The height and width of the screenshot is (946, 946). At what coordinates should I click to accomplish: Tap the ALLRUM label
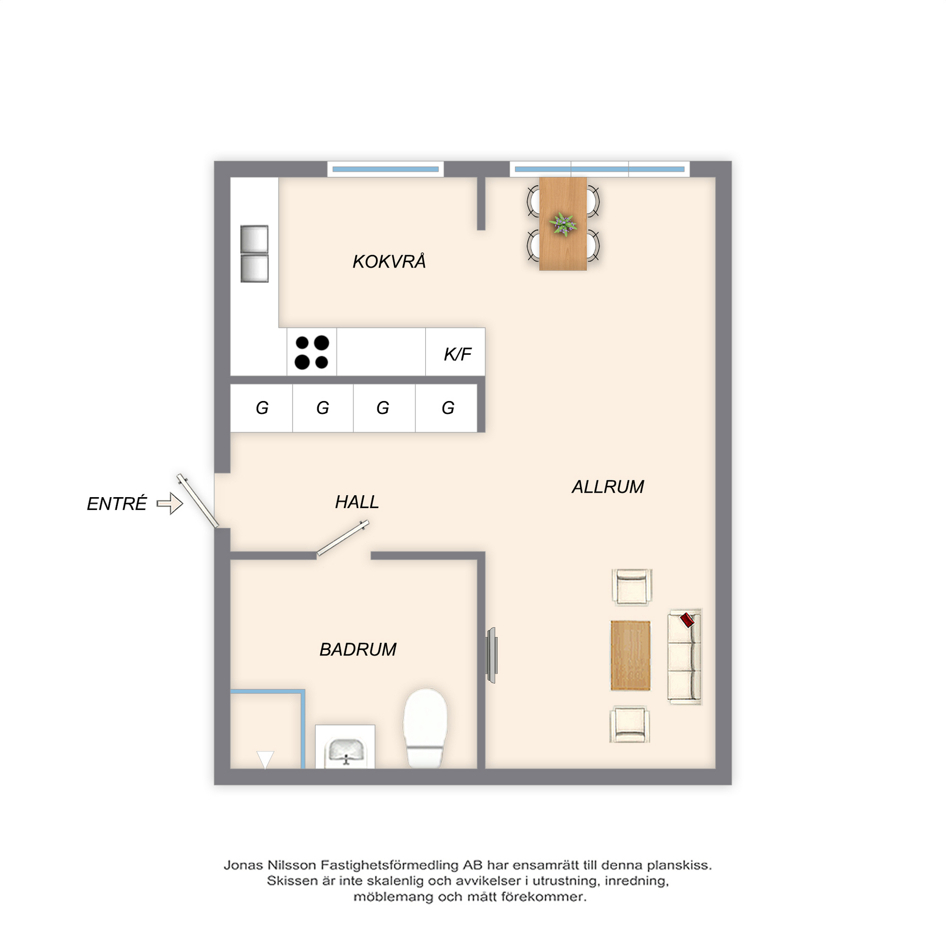(x=608, y=487)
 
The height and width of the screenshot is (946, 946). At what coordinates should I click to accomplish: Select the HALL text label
(x=357, y=502)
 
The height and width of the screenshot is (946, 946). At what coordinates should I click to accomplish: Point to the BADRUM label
(x=358, y=649)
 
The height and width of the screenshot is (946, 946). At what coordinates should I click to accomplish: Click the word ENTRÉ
(x=117, y=504)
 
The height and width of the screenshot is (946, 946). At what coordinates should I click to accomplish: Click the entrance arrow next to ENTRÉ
(x=170, y=504)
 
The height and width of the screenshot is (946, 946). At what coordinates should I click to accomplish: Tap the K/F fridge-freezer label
(x=457, y=354)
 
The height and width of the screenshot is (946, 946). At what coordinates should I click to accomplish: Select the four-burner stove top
(x=312, y=352)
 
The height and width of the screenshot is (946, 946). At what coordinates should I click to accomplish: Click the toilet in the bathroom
(x=425, y=728)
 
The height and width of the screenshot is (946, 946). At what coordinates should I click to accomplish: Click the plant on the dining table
(x=563, y=224)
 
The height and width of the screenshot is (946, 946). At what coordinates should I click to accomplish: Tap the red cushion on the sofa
(x=687, y=620)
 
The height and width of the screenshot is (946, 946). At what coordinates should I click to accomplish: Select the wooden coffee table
(x=630, y=655)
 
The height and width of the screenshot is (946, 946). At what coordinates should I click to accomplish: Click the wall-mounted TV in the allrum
(x=491, y=655)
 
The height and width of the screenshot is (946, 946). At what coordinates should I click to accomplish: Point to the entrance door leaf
(x=198, y=501)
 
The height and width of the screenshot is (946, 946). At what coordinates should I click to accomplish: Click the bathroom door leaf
(x=342, y=539)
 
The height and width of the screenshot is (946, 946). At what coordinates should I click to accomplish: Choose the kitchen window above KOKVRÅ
(x=385, y=169)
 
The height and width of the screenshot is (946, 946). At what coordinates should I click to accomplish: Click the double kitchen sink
(x=254, y=254)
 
